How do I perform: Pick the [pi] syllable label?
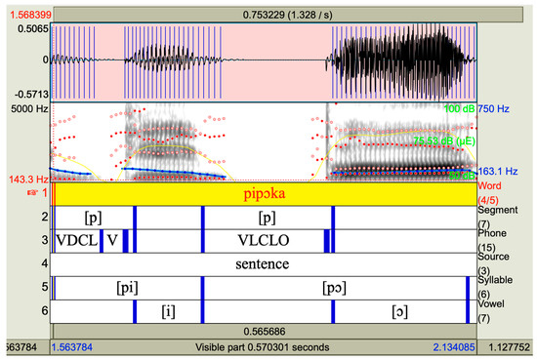point(127,288)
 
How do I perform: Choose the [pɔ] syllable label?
point(338,288)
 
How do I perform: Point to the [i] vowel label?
point(168,311)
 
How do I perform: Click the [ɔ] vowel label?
point(398,311)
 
